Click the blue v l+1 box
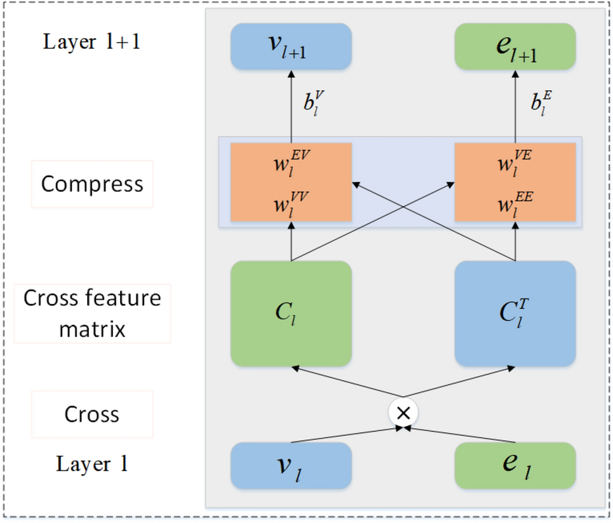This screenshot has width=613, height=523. [x=291, y=46]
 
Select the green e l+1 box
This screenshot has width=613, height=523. [x=515, y=46]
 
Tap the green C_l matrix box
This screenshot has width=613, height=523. [x=291, y=314]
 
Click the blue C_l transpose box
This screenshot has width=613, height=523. [x=515, y=314]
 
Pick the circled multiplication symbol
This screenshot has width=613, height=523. [x=403, y=413]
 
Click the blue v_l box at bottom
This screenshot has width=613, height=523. [x=291, y=466]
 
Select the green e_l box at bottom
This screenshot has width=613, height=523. [x=515, y=466]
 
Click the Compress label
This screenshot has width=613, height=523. [x=92, y=184]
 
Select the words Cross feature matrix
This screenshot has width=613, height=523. [x=92, y=314]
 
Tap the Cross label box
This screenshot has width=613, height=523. [x=92, y=414]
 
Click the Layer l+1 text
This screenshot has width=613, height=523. [x=91, y=42]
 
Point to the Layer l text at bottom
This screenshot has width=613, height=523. [x=92, y=464]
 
